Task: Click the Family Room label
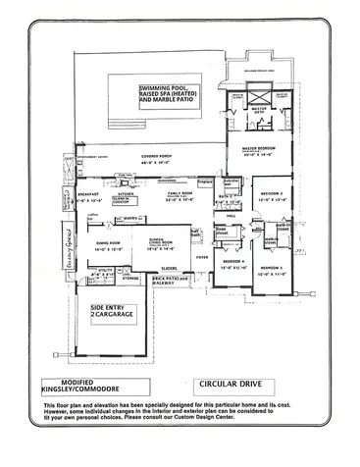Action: pyautogui.click(x=179, y=198)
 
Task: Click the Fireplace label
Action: pyautogui.click(x=205, y=182)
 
